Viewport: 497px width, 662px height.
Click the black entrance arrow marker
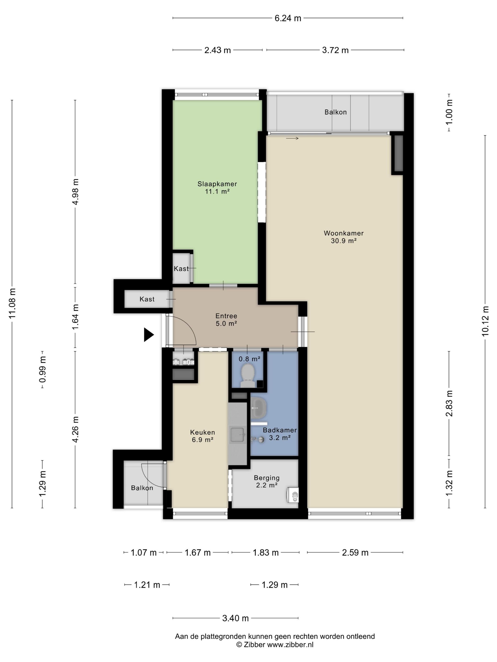tap(149, 335)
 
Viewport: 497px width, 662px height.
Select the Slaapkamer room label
tap(217, 184)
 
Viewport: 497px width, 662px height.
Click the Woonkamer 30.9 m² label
tap(344, 237)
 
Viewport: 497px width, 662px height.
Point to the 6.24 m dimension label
tap(288, 18)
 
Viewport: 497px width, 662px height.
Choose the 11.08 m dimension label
tap(12, 304)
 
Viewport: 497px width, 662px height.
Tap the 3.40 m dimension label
tap(235, 618)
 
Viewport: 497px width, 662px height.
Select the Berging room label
tap(267, 478)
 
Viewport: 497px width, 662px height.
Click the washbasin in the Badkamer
tap(258, 408)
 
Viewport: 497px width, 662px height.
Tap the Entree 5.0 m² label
tap(226, 320)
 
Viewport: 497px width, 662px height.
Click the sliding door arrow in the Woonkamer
tap(292, 138)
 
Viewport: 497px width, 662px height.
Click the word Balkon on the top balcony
tap(336, 112)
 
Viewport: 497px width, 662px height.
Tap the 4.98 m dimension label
tap(75, 192)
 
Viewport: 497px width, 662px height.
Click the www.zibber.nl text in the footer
tap(290, 653)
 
